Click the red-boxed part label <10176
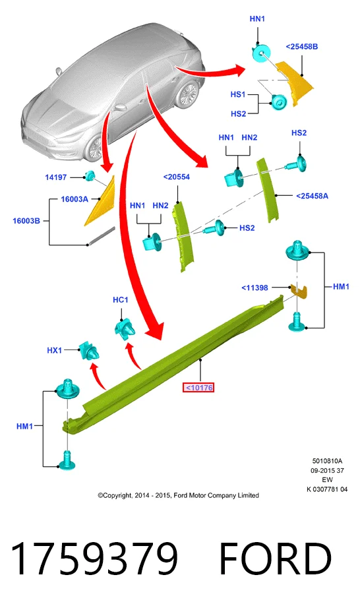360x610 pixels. point(198,388)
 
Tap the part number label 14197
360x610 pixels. point(55,177)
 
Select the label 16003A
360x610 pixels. point(75,199)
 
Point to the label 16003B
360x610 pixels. point(26,221)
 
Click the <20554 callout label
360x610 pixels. point(177,177)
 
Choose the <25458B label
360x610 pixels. point(302,47)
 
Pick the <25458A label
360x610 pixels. point(312,196)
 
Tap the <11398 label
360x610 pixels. point(255,288)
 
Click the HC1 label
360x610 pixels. point(120,300)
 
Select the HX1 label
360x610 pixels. point(55,350)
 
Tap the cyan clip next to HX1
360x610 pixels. point(89,351)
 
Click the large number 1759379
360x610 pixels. point(94,559)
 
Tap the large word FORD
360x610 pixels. point(276,559)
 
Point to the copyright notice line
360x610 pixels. point(179,495)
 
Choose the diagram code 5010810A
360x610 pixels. point(327,461)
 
